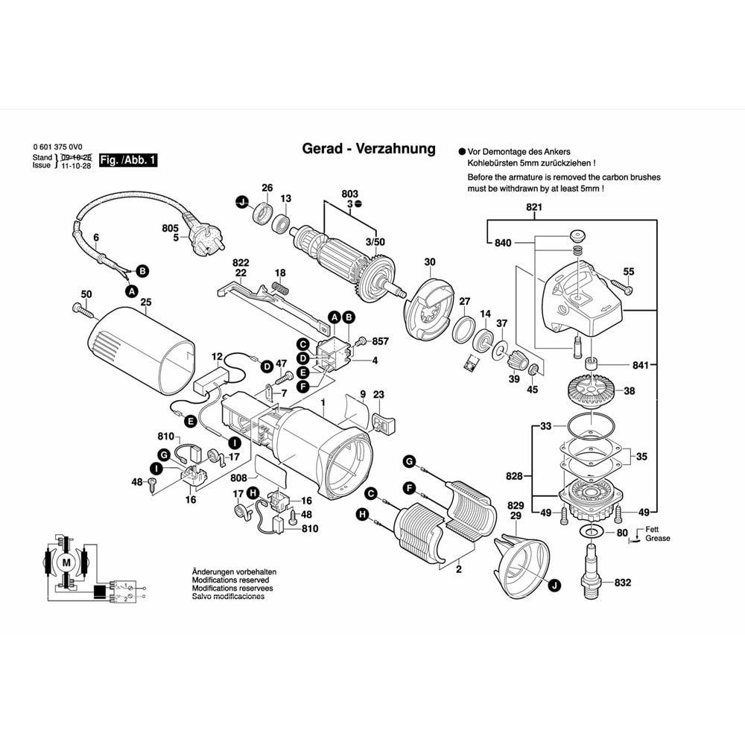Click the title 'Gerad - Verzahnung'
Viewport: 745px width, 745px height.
368,148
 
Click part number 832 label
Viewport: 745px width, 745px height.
623,583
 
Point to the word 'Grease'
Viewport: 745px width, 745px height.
658,538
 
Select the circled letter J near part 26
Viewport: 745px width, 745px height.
241,201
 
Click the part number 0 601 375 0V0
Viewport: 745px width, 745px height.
58,147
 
